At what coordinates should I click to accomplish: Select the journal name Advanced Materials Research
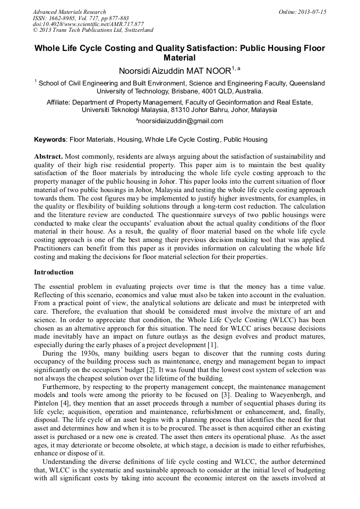tap(69, 12)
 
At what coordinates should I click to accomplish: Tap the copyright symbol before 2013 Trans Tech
tap(35, 30)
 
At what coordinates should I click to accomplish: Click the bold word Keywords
tap(50, 140)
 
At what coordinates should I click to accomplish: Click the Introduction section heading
tap(54, 272)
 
